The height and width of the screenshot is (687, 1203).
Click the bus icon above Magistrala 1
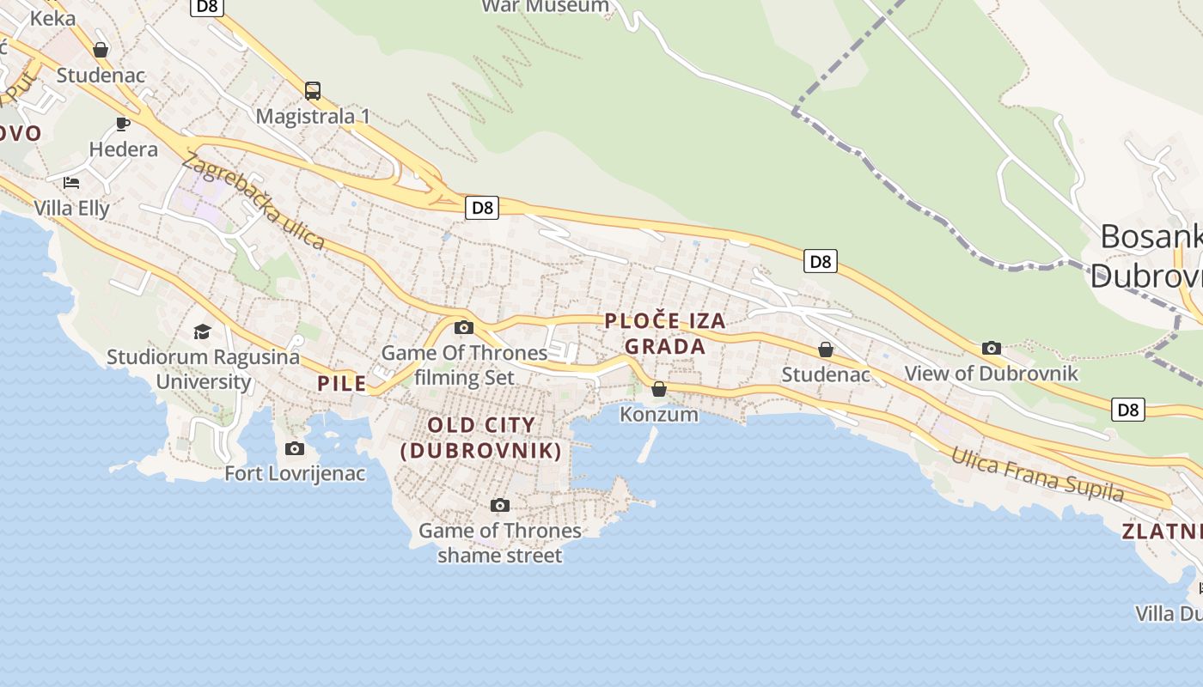coord(313,90)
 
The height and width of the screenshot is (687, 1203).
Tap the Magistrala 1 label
coord(313,116)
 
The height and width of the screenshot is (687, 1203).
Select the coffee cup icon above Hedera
coord(123,124)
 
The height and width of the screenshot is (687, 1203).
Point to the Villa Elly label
coord(72,208)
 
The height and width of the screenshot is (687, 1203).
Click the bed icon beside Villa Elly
coord(71,182)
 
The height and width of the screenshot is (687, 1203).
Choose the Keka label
coord(52,18)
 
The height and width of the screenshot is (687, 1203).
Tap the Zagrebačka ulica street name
coord(253,202)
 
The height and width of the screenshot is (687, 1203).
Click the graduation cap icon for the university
coord(202,331)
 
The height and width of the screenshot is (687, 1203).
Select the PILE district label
coord(342,383)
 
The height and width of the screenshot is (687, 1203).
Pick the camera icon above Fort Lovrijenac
coord(295,448)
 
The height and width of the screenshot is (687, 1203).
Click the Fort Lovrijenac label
coord(295,473)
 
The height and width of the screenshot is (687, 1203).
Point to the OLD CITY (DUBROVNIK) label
coord(481,437)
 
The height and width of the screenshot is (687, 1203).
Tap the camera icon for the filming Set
coord(464,327)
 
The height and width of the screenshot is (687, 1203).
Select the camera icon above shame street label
coord(499,505)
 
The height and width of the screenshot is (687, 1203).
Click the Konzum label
coord(659,415)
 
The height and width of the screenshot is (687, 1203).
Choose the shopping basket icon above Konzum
coord(659,389)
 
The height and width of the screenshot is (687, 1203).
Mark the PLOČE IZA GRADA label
coord(665,334)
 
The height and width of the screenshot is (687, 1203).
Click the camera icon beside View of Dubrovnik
coord(992,348)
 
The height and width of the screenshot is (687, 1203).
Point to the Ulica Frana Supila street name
coord(1037,473)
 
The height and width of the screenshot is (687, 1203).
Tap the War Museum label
coord(546,7)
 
